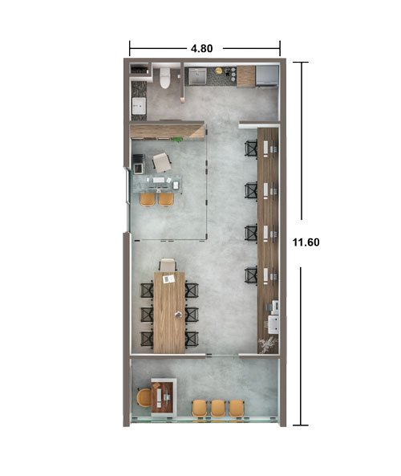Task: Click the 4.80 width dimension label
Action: (x=202, y=48)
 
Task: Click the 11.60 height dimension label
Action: (x=306, y=242)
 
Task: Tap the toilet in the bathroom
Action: (x=164, y=78)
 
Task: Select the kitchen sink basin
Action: (x=197, y=76)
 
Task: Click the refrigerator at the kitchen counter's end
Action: (x=267, y=76)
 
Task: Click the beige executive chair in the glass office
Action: (x=162, y=162)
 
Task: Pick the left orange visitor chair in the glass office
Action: (x=148, y=199)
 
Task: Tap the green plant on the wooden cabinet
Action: (x=176, y=140)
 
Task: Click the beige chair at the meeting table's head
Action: (x=168, y=265)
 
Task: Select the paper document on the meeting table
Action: (x=168, y=279)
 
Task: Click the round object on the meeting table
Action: (x=178, y=315)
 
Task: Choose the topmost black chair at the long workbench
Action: (x=251, y=148)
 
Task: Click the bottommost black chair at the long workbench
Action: (x=251, y=275)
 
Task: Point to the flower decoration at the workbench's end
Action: (x=267, y=345)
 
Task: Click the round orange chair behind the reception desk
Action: (x=144, y=397)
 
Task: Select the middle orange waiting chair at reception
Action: (x=218, y=409)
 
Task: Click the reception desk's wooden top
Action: (x=164, y=397)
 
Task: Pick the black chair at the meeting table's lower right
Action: (x=192, y=339)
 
